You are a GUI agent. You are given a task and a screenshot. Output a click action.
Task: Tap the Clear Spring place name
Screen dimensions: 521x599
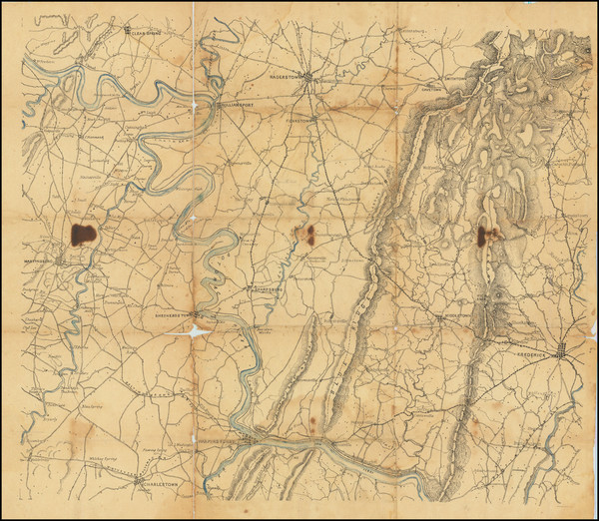[x=146, y=31]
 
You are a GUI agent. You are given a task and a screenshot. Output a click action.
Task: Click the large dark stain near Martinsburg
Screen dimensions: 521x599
[x=84, y=235]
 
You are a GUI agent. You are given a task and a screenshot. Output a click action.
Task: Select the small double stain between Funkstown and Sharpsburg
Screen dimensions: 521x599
[x=303, y=235]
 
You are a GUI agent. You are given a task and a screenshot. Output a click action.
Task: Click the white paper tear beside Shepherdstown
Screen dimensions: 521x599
[x=197, y=330]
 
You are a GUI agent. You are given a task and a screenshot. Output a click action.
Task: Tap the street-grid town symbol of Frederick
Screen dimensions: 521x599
[x=565, y=352]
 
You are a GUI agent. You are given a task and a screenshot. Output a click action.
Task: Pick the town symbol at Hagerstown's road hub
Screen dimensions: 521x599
[x=311, y=77]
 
